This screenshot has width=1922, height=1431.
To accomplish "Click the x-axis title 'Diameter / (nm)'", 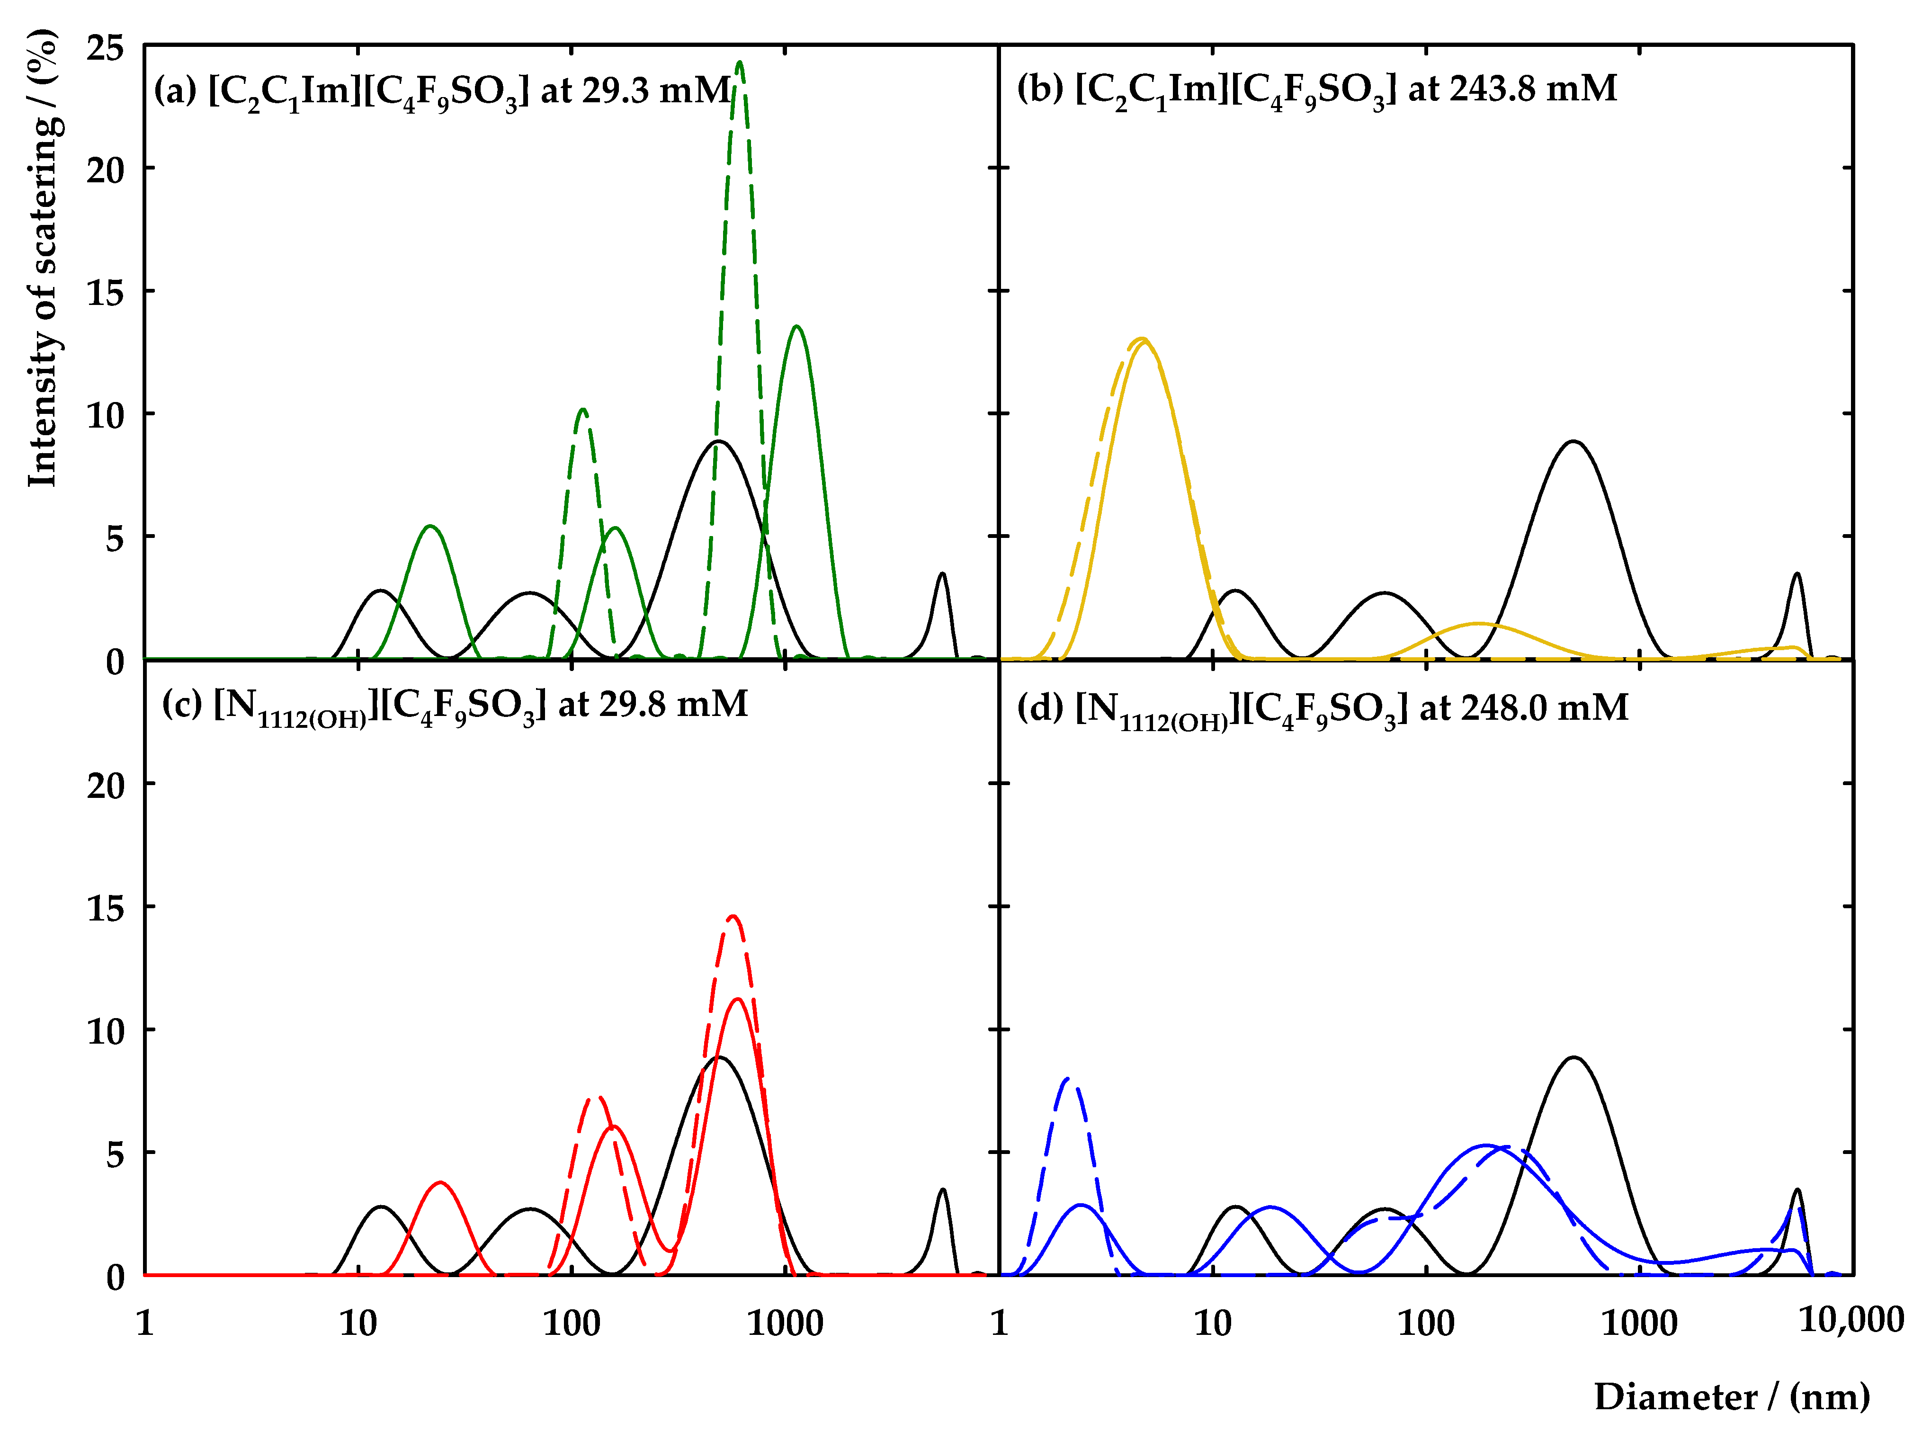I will (x=1732, y=1396).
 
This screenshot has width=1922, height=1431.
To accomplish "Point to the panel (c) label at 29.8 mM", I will (x=455, y=705).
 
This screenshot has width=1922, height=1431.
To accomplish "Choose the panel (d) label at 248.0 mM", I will (x=1322, y=708).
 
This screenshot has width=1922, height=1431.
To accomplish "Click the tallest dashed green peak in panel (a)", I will (x=739, y=63).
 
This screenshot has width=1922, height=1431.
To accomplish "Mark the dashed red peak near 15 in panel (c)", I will (x=733, y=916).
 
